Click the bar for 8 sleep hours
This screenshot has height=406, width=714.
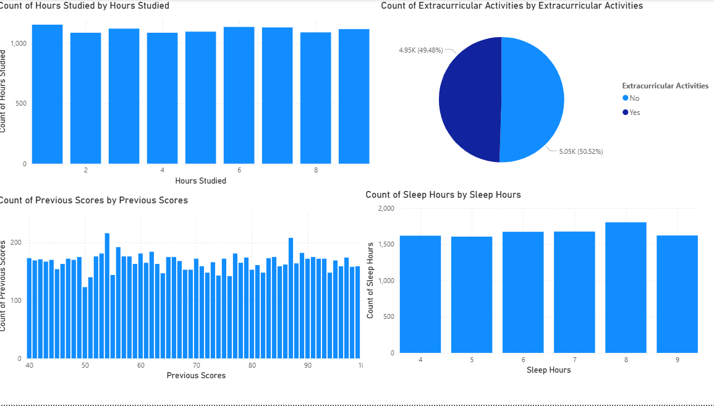click(626, 287)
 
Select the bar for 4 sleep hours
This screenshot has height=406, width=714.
click(420, 294)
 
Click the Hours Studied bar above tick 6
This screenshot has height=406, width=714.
click(239, 95)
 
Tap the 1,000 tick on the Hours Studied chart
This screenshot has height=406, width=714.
click(18, 43)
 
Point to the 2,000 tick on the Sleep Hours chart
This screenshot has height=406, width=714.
click(385, 208)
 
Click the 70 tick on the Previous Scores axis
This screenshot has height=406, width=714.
click(197, 365)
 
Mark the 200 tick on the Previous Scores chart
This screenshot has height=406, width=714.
click(17, 243)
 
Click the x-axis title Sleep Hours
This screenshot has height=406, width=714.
click(548, 370)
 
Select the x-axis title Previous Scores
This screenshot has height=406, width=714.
click(196, 375)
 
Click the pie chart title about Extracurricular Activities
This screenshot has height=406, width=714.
click(512, 6)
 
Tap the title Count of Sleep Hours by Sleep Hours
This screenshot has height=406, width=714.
click(443, 195)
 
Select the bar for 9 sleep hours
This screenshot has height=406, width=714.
click(677, 294)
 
